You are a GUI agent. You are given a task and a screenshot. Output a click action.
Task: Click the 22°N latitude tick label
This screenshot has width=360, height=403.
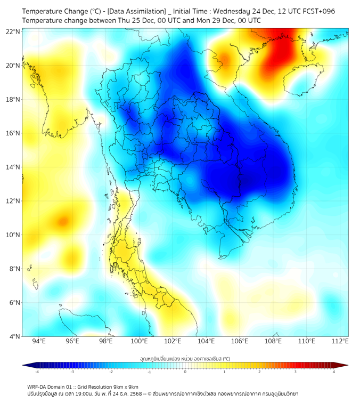point(13,31)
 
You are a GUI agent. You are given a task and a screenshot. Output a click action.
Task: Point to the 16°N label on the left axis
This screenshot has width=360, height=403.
point(13,133)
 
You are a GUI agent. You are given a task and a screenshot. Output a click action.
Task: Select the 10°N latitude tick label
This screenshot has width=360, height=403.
point(13,235)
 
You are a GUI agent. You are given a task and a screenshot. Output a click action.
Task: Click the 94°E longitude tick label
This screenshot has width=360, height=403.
point(39,341)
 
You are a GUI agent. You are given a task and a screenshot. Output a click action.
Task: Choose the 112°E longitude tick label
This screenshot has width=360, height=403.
point(340,341)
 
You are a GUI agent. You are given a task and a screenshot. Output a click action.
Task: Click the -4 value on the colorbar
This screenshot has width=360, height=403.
point(37,372)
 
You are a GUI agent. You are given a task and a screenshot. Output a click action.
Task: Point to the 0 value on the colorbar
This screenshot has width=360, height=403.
point(185,372)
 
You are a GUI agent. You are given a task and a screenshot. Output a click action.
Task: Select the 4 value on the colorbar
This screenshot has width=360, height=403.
point(334,372)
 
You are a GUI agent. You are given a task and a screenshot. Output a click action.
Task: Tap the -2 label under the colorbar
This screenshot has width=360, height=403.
point(111,372)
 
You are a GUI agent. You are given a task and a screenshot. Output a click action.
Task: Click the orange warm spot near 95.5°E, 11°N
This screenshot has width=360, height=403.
point(63,220)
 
